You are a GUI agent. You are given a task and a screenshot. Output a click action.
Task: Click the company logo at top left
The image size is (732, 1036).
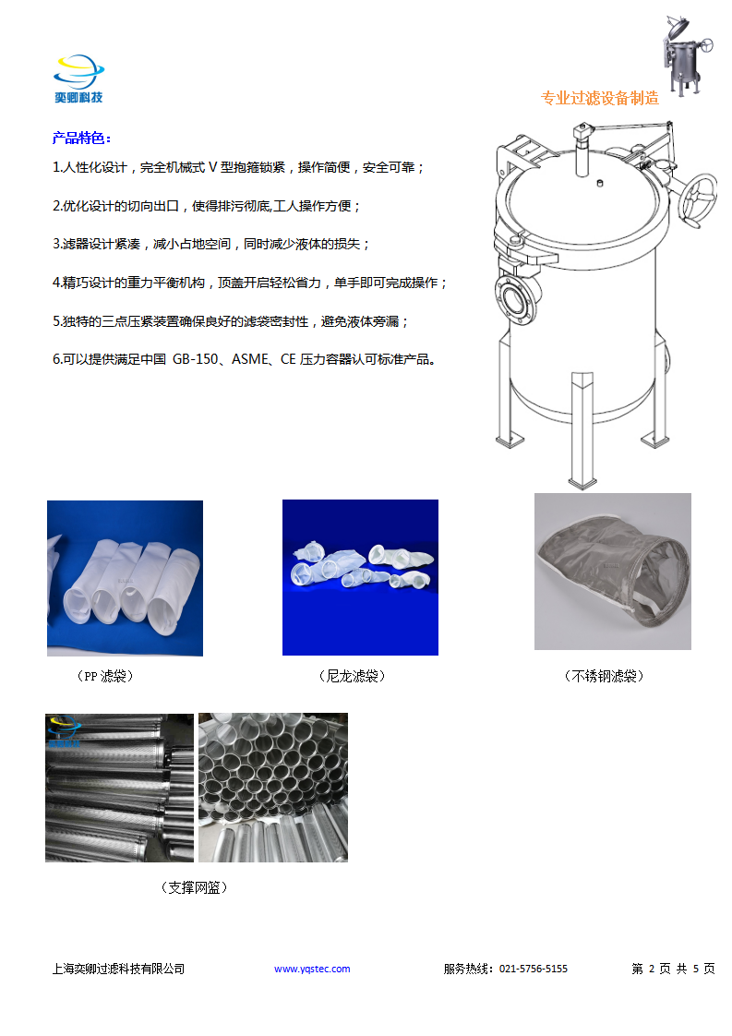pos(78,78)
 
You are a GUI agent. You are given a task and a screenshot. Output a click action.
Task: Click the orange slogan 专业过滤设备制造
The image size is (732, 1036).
pos(600,99)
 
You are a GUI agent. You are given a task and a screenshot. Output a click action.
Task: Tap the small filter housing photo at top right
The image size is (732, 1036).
pos(688,55)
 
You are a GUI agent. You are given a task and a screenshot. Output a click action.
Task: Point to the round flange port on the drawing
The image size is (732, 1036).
pos(514,298)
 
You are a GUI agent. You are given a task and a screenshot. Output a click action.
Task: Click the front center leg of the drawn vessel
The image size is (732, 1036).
pos(582,429)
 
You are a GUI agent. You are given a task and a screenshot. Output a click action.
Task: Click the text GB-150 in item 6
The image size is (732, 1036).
pos(195,359)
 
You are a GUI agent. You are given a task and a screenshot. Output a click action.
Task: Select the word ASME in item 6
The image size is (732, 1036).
pos(250,359)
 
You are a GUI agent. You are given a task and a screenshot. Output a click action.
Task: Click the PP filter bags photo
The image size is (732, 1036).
pos(125,578)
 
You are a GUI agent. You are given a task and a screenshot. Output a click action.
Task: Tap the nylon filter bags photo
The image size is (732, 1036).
pos(360,577)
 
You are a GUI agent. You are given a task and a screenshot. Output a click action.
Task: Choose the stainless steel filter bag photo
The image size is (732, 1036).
pos(612,572)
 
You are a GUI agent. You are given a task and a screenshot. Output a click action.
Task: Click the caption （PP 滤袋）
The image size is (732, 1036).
pos(105,676)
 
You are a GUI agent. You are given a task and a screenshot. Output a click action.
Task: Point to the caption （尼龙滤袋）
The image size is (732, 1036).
pos(352,676)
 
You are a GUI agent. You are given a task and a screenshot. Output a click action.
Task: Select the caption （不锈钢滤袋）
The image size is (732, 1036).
pos(604,676)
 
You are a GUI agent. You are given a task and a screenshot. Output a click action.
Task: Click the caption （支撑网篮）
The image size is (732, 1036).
pos(194,887)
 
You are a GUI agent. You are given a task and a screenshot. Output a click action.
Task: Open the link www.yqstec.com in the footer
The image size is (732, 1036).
pos(312,969)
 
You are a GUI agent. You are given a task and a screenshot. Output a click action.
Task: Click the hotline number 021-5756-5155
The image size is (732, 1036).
pos(534,969)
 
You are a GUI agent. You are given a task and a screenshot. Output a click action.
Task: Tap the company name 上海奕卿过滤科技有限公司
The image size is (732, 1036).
pos(118,969)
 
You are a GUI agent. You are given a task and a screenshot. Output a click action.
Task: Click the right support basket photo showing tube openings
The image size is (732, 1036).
pos(273,788)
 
